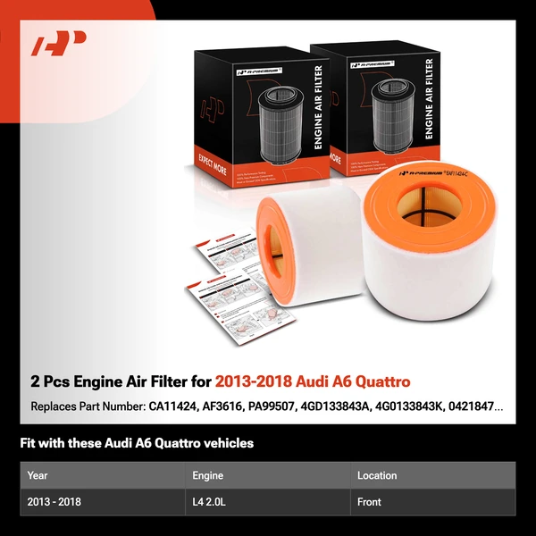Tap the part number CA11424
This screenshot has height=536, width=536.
click(176, 406)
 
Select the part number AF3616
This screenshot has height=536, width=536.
click(226, 406)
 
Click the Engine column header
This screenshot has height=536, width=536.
click(207, 475)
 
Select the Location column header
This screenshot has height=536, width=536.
click(377, 475)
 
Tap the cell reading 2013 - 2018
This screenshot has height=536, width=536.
click(54, 502)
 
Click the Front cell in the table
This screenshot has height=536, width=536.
click(370, 502)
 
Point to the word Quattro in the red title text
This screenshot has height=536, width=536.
click(381, 381)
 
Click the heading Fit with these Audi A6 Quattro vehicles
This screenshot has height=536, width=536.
click(137, 443)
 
